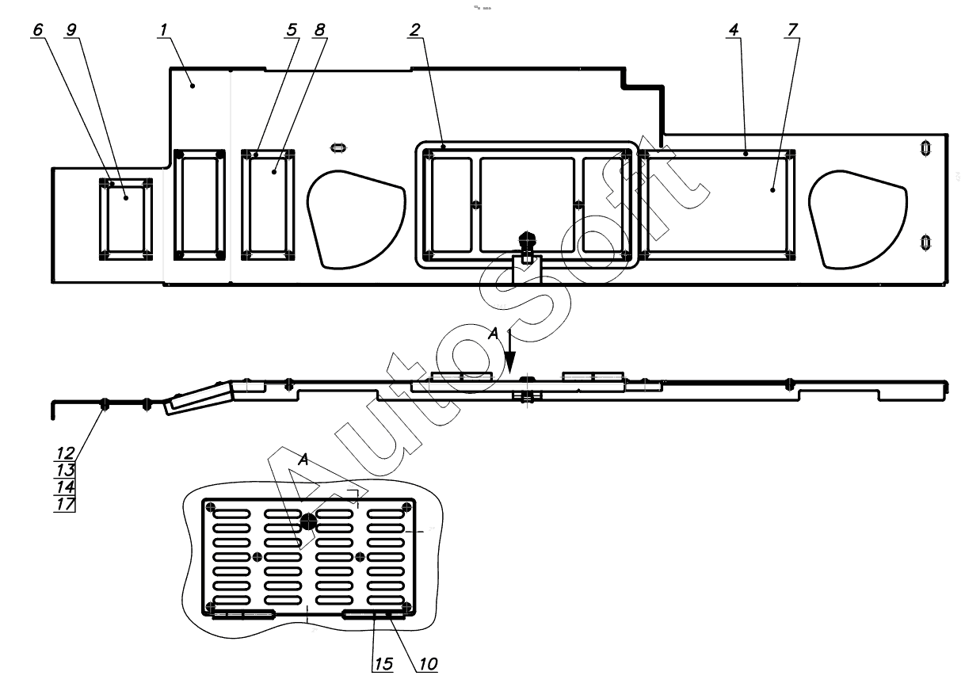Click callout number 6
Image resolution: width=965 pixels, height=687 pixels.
tap(38, 30)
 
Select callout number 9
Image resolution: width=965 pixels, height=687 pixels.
tap(71, 30)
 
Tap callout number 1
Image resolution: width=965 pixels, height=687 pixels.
tap(163, 30)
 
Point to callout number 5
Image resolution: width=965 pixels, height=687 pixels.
tap(292, 30)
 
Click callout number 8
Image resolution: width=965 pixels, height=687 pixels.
tap(319, 30)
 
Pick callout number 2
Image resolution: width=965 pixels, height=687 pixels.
tap(414, 30)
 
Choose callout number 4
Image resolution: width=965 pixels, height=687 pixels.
tap(734, 30)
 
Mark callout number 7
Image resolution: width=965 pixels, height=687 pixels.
tap(792, 30)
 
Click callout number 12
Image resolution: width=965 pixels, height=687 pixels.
tap(66, 453)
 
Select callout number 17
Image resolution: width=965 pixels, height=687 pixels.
tap(66, 504)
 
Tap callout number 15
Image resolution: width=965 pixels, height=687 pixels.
tap(383, 664)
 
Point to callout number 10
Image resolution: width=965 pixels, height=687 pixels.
tap(428, 664)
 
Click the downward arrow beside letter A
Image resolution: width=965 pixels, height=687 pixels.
tap(510, 351)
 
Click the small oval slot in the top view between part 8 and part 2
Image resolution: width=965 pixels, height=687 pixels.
tap(338, 148)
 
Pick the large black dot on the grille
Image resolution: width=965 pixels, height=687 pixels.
tap(308, 522)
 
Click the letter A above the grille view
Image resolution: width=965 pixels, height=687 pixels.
tap(303, 460)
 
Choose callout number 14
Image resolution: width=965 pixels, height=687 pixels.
tap(66, 487)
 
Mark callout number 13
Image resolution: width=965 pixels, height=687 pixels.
tap(66, 470)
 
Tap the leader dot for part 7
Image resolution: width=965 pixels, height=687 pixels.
tap(772, 189)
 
